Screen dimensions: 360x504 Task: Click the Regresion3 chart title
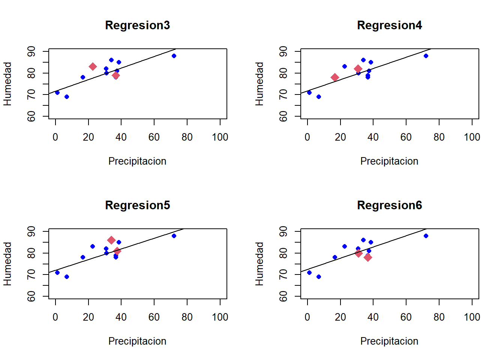point(137,25)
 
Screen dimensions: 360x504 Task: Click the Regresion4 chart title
point(389,25)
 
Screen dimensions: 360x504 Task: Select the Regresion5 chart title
point(137,205)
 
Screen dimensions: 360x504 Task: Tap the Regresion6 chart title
point(389,205)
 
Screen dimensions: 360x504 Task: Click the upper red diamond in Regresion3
point(93,67)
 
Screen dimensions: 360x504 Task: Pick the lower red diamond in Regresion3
point(116,75)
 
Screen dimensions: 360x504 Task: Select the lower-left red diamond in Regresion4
point(335,78)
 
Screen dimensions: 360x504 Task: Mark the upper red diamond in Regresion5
point(111,240)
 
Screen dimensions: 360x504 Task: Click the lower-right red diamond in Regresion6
point(368,257)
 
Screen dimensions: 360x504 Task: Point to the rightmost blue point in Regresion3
point(174,56)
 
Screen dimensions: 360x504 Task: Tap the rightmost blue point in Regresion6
point(426,236)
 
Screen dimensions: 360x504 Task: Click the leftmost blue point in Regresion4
point(309,93)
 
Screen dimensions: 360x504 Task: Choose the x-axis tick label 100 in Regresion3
point(220,137)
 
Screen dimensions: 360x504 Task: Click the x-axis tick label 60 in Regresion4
point(406,137)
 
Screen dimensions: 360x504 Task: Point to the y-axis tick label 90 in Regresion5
point(31,231)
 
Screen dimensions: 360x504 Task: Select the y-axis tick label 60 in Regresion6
point(283,297)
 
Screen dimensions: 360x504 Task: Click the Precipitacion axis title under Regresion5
point(137,341)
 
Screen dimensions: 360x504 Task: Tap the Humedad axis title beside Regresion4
point(259,84)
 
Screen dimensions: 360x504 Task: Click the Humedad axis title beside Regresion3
point(7,84)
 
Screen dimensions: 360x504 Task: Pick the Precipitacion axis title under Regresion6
point(389,341)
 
